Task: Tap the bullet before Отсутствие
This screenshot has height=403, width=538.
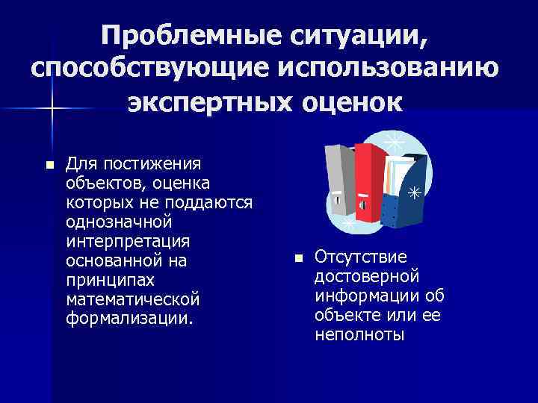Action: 297,257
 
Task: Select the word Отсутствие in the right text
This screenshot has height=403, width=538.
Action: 361,257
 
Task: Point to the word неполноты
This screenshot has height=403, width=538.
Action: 359,335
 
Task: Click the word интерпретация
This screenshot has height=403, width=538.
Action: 127,241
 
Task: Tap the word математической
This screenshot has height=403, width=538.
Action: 133,299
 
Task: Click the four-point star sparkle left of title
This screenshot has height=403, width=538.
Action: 52,109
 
